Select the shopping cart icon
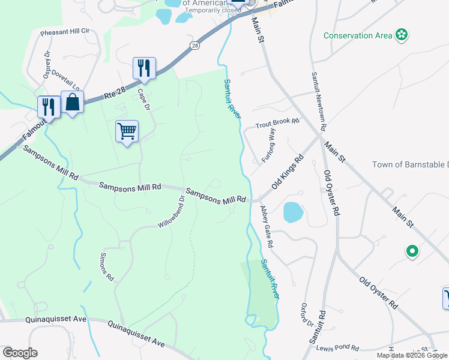127,130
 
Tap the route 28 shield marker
195,45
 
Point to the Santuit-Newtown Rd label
318,102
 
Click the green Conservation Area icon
402,35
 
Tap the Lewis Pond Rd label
338,348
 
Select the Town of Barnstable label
410,164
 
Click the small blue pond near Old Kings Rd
292,212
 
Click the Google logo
20,353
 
